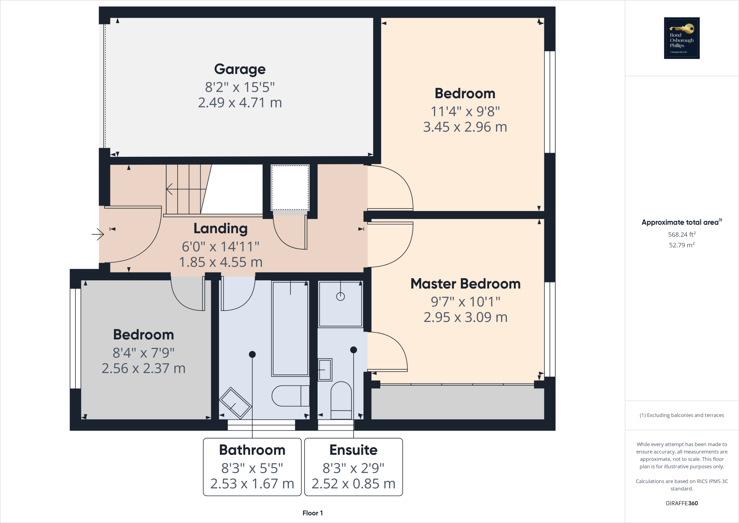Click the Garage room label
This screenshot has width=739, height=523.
pyautogui.click(x=240, y=69)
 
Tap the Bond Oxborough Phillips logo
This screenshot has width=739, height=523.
pyautogui.click(x=682, y=38)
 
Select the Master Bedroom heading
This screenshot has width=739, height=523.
pyautogui.click(x=465, y=284)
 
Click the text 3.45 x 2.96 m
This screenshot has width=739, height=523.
pyautogui.click(x=465, y=127)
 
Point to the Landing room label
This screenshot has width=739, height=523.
pyautogui.click(x=220, y=229)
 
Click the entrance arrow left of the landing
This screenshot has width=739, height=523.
pyautogui.click(x=98, y=234)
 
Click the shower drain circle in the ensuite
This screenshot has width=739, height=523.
pyautogui.click(x=340, y=297)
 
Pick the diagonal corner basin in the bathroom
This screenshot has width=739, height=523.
pyautogui.click(x=235, y=403)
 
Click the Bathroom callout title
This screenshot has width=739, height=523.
pyautogui.click(x=252, y=450)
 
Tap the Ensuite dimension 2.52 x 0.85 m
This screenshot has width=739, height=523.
pyautogui.click(x=353, y=484)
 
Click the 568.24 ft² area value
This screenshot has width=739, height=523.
pyautogui.click(x=682, y=234)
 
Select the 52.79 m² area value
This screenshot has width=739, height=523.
pyautogui.click(x=682, y=245)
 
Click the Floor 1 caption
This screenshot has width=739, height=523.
pyautogui.click(x=312, y=513)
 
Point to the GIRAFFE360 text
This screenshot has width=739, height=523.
pyautogui.click(x=682, y=503)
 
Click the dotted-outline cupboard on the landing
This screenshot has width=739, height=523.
pyautogui.click(x=290, y=187)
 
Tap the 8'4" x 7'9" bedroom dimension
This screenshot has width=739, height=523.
pyautogui.click(x=143, y=353)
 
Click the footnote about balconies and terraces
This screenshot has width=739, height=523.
pyautogui.click(x=682, y=415)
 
